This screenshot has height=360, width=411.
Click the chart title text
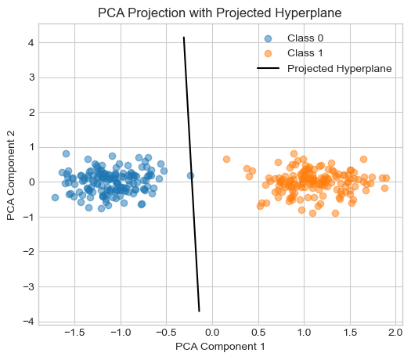[x=220, y=13]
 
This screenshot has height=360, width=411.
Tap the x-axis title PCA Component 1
[x=220, y=347]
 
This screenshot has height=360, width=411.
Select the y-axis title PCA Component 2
[x=11, y=175]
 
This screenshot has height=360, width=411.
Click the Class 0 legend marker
[x=268, y=38]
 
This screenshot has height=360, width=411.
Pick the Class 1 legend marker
[x=268, y=53]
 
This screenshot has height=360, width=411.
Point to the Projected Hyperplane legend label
[x=340, y=69]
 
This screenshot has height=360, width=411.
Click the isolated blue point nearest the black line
[x=190, y=175]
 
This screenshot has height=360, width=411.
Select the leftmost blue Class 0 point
[x=55, y=197]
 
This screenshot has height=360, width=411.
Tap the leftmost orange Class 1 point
[x=226, y=159]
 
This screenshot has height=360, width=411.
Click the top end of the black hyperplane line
[x=184, y=38]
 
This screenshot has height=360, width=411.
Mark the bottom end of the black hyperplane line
[x=199, y=311]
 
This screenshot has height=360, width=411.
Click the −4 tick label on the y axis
[x=29, y=322]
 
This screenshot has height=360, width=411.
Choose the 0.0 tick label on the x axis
[x=212, y=333]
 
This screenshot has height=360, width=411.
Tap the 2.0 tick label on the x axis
[x=396, y=333]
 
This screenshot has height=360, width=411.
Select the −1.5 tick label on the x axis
[x=74, y=333]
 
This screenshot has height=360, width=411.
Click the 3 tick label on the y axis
[x=31, y=77]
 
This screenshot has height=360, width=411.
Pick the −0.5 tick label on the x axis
[x=167, y=333]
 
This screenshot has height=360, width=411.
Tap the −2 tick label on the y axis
[x=29, y=252]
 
